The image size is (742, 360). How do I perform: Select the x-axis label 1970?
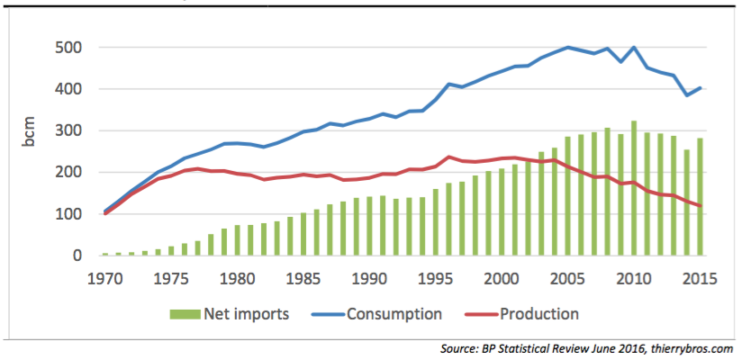tap(105, 278)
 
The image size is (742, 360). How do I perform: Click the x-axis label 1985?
tap(304, 278)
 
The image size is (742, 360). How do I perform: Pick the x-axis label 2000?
tap(502, 278)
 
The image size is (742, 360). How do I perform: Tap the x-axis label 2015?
tap(701, 278)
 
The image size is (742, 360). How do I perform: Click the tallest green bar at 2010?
tap(635, 189)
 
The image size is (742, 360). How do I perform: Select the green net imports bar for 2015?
tap(701, 198)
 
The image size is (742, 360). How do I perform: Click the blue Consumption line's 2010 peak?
tap(635, 48)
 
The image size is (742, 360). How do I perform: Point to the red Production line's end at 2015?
tap(701, 205)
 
